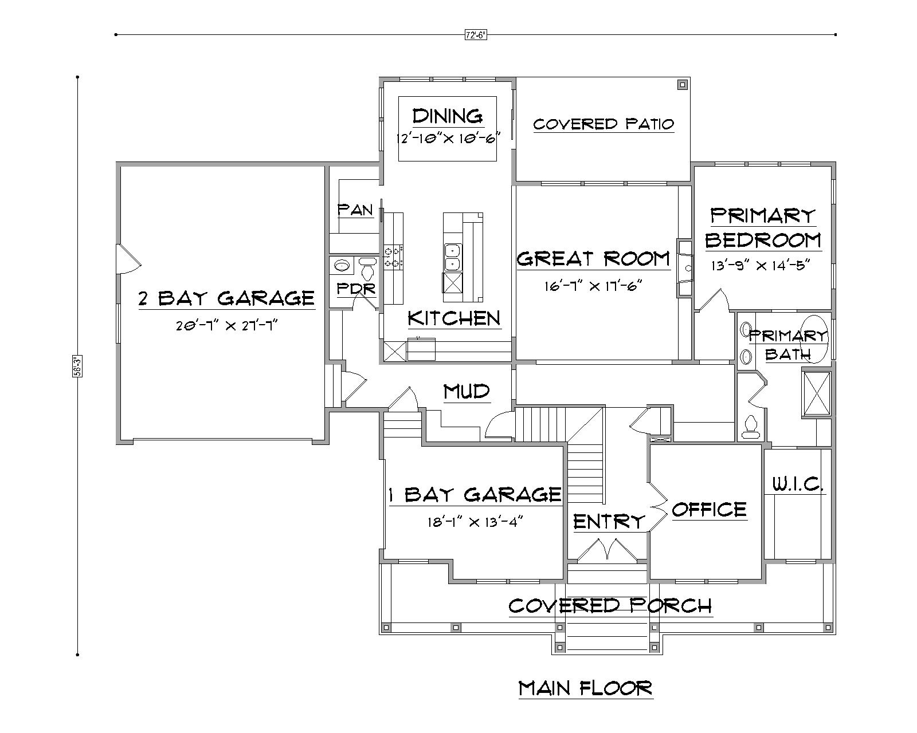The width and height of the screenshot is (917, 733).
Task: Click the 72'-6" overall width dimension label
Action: tap(475, 35)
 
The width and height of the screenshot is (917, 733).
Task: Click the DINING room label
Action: tap(448, 116)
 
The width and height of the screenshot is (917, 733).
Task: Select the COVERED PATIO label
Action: tap(603, 124)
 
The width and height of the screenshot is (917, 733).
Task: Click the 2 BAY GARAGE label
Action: tap(226, 298)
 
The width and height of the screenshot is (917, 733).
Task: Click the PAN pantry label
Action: tap(355, 210)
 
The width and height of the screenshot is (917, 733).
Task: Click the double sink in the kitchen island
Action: tap(452, 257)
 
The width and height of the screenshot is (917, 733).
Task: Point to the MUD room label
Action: tap(467, 392)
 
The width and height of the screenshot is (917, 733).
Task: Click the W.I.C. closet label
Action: tap(797, 485)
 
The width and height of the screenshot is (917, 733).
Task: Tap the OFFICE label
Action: tap(709, 509)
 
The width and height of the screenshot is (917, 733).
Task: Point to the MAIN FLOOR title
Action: tap(585, 688)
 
